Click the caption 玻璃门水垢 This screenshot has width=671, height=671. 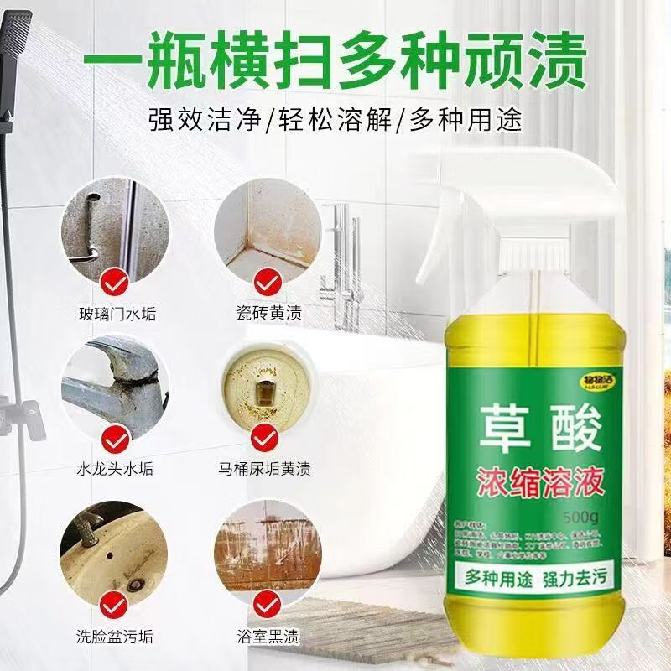click(x=114, y=315)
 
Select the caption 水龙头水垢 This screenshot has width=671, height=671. click(x=114, y=469)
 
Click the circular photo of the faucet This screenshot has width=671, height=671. click(x=114, y=385)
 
